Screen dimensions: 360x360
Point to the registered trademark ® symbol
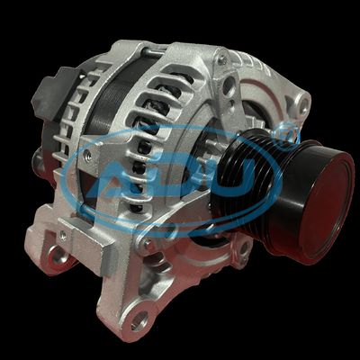[289, 135]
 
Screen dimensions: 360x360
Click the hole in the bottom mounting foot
[139, 319]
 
